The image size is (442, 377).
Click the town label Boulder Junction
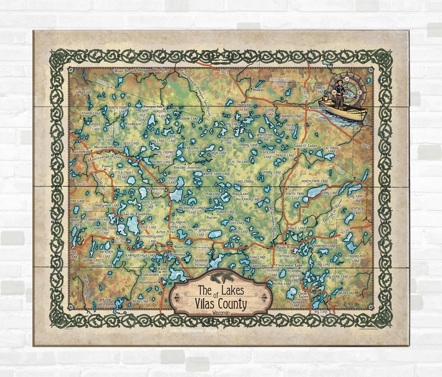point(186,167)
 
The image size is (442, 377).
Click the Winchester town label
point(133,123)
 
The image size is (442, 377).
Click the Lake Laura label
point(245,181)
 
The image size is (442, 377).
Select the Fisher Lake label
point(91,113)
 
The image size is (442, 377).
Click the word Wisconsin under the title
point(220,313)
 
